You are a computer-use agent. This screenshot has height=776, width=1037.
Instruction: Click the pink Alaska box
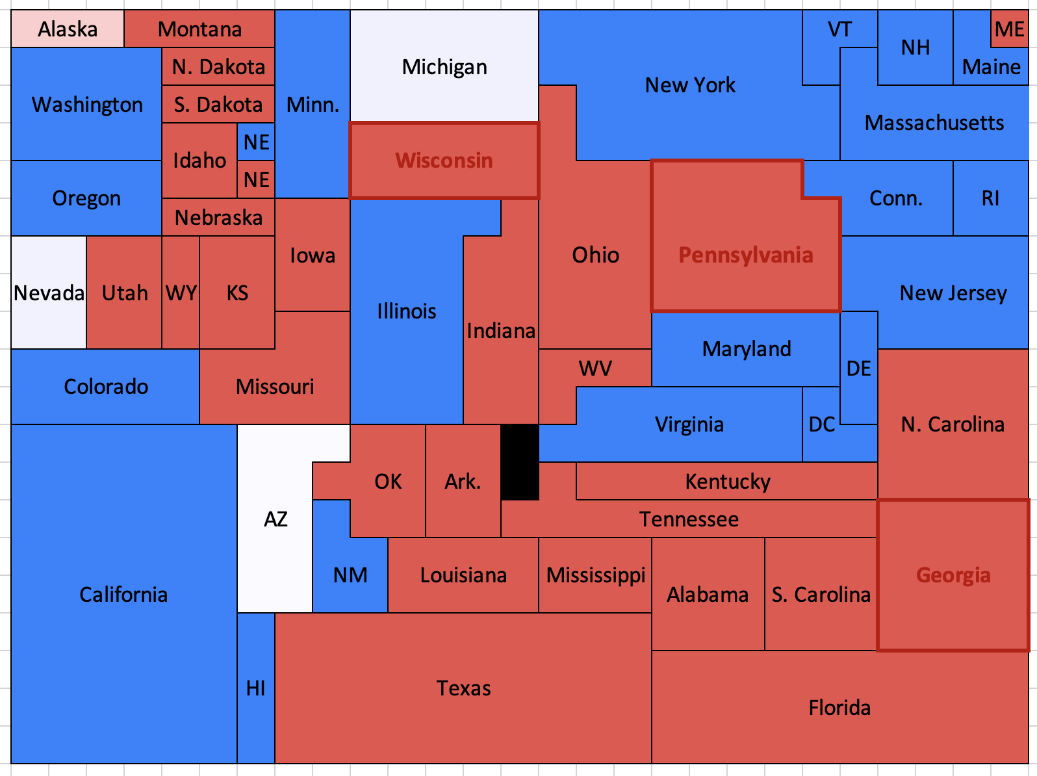(x=68, y=29)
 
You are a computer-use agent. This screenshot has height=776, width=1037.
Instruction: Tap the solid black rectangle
(x=520, y=462)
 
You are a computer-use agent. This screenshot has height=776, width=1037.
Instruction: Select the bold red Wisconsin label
(x=444, y=161)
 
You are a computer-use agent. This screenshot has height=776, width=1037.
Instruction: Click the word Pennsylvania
(x=746, y=255)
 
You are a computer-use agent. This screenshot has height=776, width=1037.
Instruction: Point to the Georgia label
(x=953, y=575)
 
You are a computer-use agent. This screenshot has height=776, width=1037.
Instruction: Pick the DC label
(x=822, y=424)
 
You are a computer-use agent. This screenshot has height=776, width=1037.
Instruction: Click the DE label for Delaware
(x=859, y=369)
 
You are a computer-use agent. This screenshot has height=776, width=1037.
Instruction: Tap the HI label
(x=256, y=688)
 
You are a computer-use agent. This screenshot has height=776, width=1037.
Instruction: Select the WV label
(x=595, y=369)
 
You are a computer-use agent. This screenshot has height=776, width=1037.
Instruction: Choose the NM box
(x=350, y=575)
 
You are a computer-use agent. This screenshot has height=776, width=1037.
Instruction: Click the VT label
(x=840, y=29)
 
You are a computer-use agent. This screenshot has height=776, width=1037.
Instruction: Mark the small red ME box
(x=1010, y=29)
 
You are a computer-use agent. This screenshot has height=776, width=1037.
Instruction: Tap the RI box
(x=991, y=198)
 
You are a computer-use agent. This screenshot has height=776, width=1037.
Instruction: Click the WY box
(x=181, y=293)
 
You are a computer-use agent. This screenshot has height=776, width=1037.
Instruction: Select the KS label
(x=237, y=293)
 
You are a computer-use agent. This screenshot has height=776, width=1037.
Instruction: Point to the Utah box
(x=124, y=293)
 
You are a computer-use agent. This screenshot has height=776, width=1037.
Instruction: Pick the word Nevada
(x=49, y=293)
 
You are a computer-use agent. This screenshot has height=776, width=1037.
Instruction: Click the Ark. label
(x=463, y=482)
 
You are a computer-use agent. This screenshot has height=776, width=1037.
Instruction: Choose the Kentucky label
(x=728, y=482)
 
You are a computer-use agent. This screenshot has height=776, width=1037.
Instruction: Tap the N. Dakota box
(x=218, y=67)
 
